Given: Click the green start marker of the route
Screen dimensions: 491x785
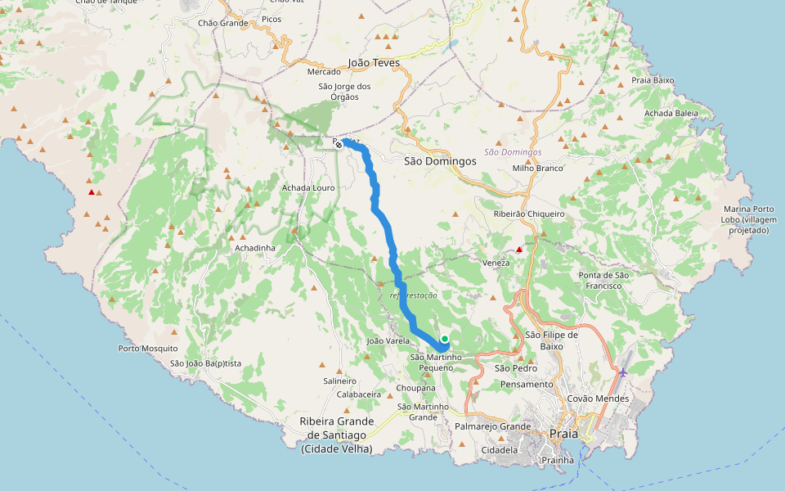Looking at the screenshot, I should [x=445, y=339].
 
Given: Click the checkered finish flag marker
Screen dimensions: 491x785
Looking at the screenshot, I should [x=339, y=144].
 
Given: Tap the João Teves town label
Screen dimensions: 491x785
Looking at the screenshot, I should [x=374, y=62].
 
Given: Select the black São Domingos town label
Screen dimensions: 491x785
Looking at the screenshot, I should [x=440, y=161].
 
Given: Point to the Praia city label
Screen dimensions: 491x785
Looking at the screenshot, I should [x=564, y=434].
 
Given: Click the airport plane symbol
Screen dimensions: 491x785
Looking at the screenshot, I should [x=623, y=373].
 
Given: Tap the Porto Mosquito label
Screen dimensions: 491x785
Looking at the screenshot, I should [x=148, y=349].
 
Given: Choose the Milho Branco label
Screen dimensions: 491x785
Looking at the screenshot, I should [x=538, y=168].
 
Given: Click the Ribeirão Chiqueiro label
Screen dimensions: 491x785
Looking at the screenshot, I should [x=529, y=214].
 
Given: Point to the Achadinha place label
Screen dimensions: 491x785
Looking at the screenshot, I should [x=254, y=247].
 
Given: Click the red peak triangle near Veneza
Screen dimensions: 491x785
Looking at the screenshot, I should [x=518, y=249].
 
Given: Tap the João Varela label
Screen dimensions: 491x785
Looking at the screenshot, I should [x=388, y=340].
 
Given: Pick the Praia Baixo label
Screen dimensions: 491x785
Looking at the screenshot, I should [x=653, y=80].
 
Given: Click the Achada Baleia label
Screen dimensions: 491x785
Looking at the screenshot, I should [x=671, y=113].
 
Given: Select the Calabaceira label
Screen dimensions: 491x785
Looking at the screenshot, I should [x=359, y=394].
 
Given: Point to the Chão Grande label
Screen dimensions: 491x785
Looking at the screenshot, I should [x=222, y=23].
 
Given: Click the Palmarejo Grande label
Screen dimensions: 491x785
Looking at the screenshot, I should [x=493, y=426].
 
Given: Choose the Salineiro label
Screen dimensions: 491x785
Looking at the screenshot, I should [x=340, y=381].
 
